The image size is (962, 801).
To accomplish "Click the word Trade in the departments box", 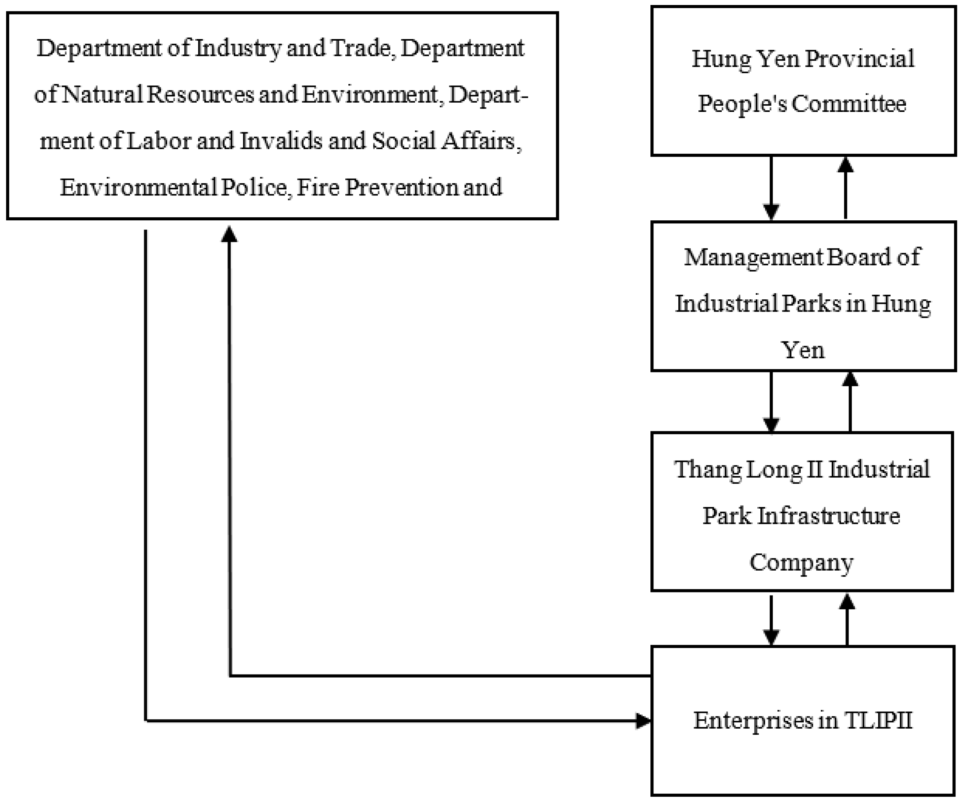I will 361,48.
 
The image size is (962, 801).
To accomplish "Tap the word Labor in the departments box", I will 159,141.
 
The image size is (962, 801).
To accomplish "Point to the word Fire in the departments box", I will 318,187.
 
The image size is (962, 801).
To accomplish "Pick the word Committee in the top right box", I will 849,104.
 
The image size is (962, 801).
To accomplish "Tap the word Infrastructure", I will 828,516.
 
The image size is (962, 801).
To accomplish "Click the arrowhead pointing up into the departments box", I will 229,234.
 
